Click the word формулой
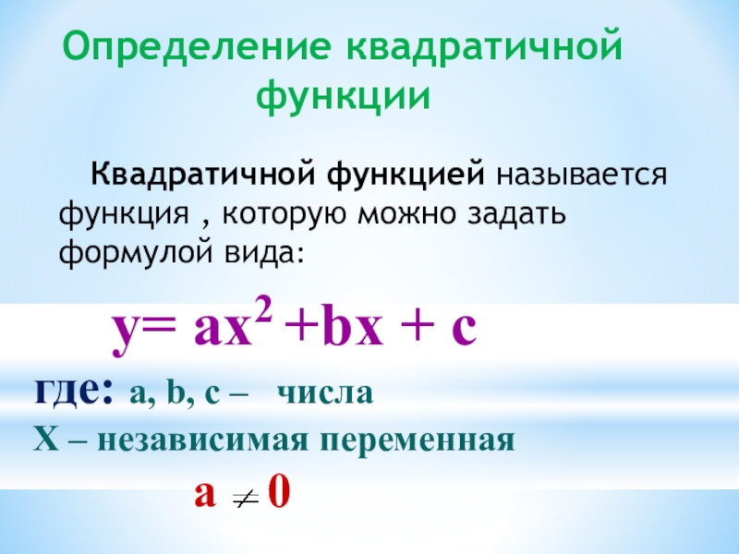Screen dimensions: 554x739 pos(123,251)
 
